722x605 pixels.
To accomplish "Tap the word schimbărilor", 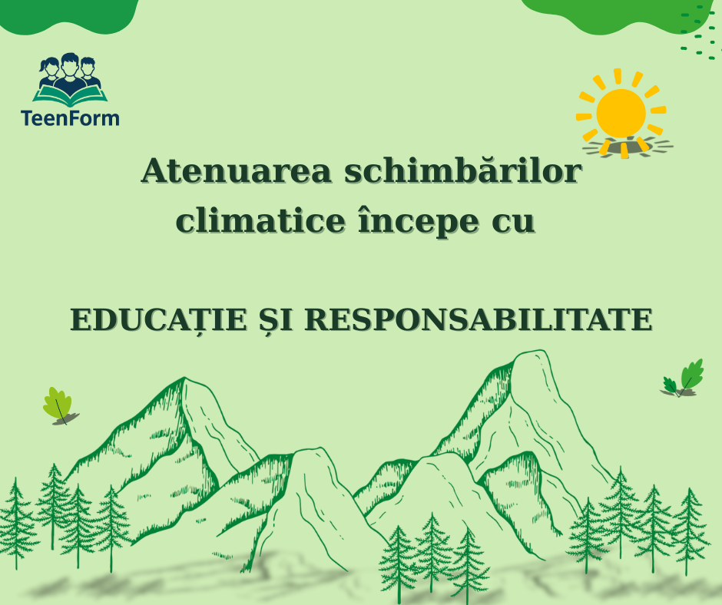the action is pos(463,170).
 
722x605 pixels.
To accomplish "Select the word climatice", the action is pos(260,220).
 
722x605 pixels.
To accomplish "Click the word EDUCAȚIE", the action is pos(159,320).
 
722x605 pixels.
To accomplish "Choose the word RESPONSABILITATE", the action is pos(479,319).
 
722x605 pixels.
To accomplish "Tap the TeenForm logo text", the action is pos(70,118).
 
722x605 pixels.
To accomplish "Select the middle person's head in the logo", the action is pos(70,65).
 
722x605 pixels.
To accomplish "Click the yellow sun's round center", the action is pos(621,113).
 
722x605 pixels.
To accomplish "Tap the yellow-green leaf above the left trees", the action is pos(58,403).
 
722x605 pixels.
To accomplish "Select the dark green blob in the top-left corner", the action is pos(69,15).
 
